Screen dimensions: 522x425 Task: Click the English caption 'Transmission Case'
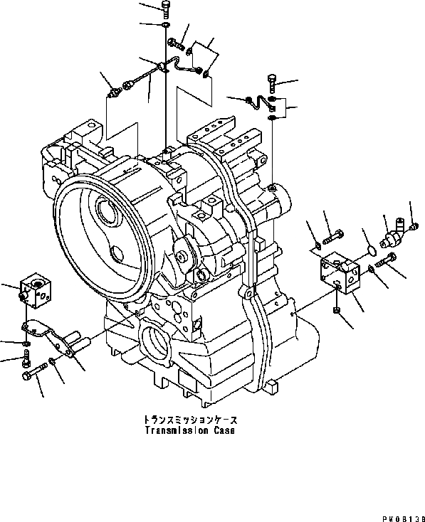click(188, 431)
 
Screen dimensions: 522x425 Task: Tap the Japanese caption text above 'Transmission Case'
click(188, 420)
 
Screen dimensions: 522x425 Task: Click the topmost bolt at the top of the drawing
click(165, 9)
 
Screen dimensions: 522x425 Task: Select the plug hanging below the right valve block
click(337, 311)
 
